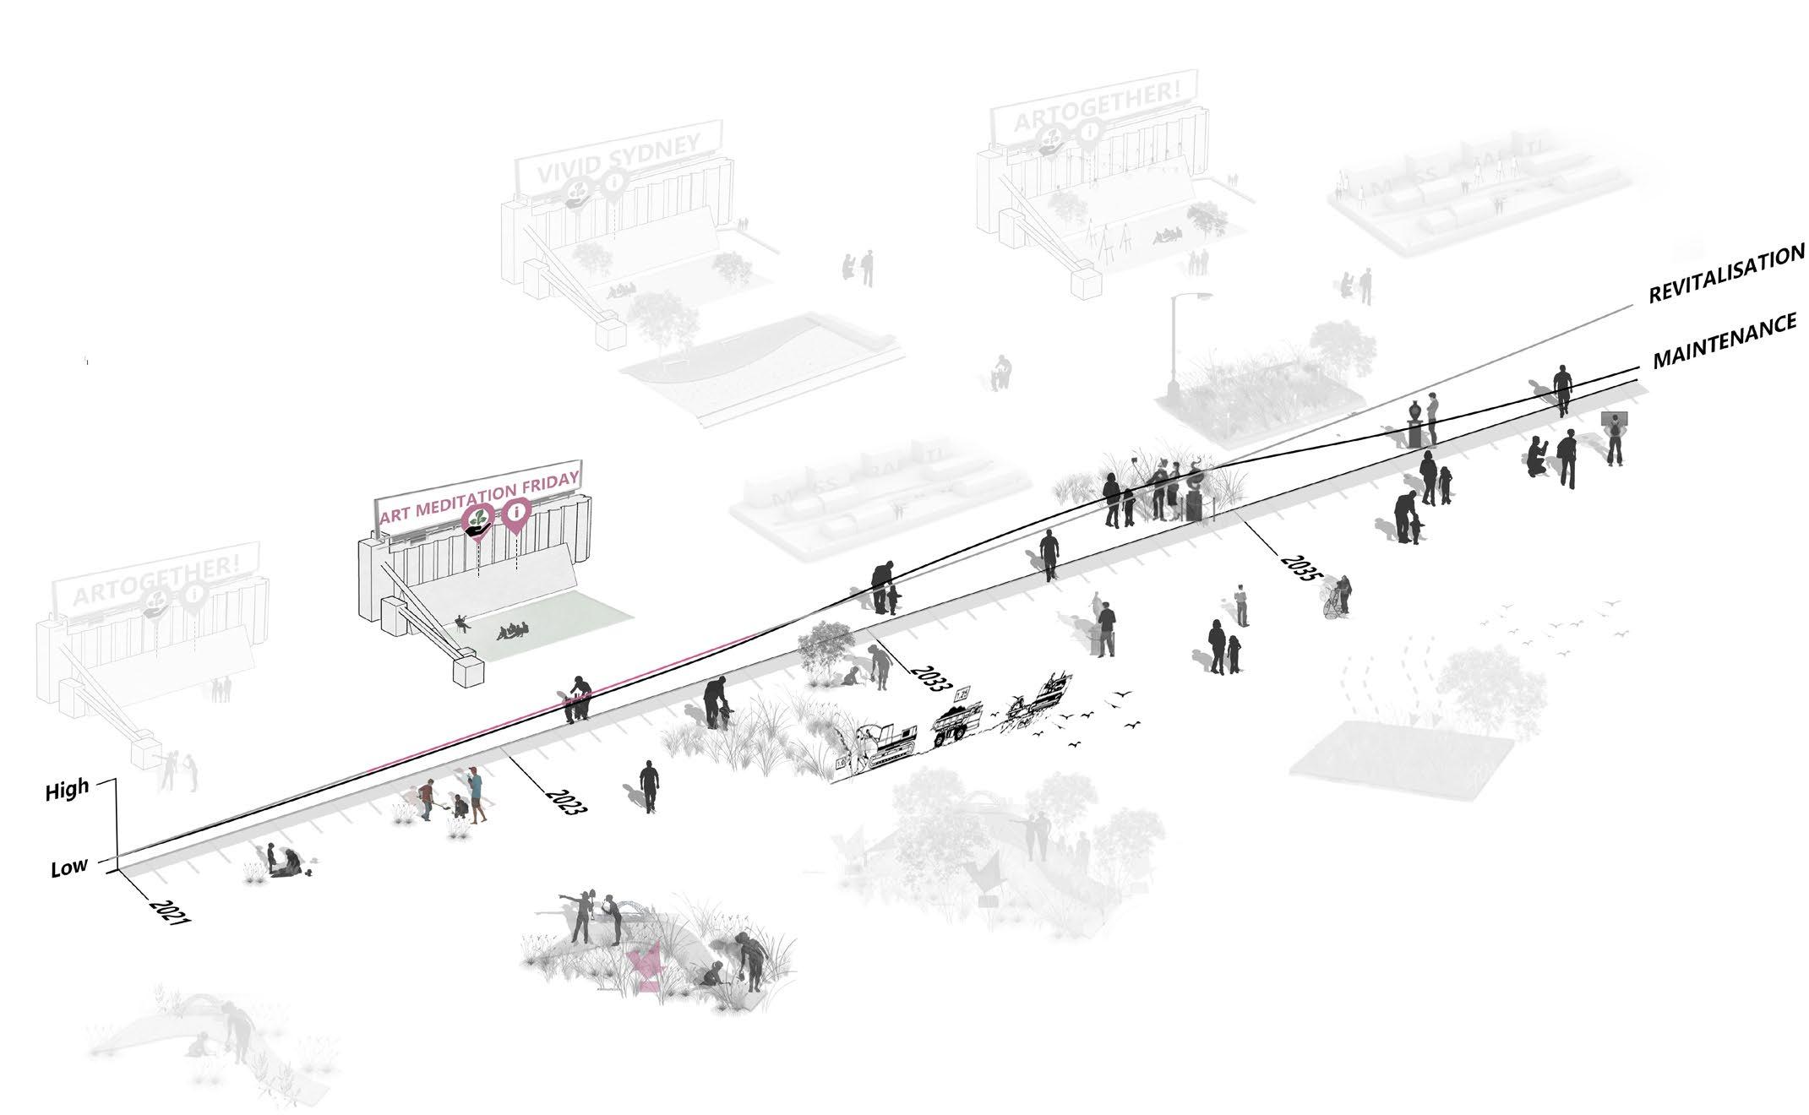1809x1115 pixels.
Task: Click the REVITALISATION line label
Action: click(x=1727, y=272)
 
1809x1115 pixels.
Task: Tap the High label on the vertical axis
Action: click(x=67, y=791)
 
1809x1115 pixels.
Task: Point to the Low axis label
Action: click(x=68, y=868)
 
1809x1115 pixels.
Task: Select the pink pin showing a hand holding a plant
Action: click(x=478, y=519)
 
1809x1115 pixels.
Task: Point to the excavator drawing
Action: click(x=887, y=744)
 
